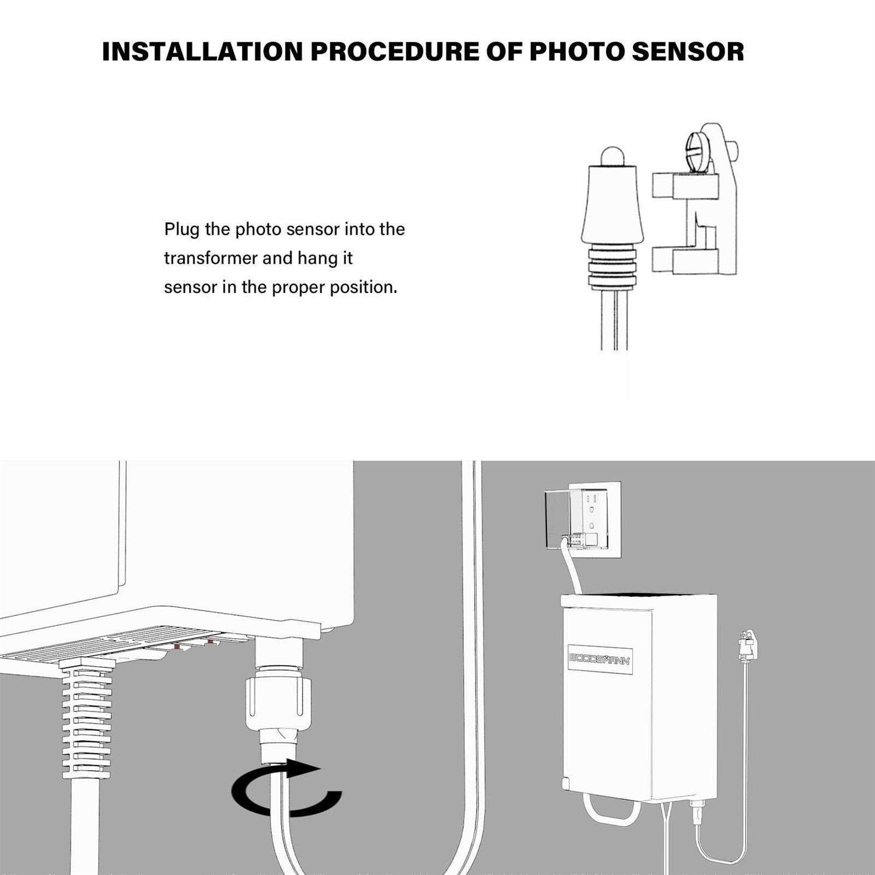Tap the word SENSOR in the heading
[x=688, y=51]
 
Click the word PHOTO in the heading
[x=577, y=51]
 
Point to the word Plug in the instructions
[x=181, y=229]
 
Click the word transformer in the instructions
[x=211, y=258]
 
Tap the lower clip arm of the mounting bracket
[x=685, y=260]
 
